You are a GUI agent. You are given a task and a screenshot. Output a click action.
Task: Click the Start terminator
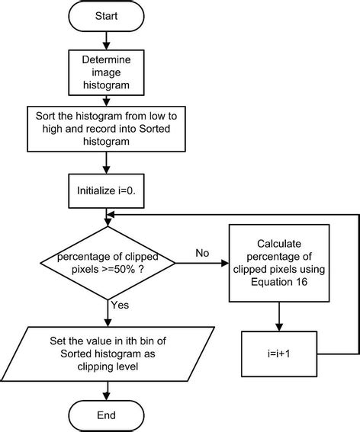107,15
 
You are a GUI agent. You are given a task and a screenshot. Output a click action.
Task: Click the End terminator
107,415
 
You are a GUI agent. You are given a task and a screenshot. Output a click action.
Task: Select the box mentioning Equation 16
278,264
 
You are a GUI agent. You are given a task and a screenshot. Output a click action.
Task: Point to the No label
201,253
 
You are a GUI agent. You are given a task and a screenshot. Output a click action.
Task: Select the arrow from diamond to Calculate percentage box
202,264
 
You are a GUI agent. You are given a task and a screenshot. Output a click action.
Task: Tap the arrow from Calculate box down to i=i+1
278,315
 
